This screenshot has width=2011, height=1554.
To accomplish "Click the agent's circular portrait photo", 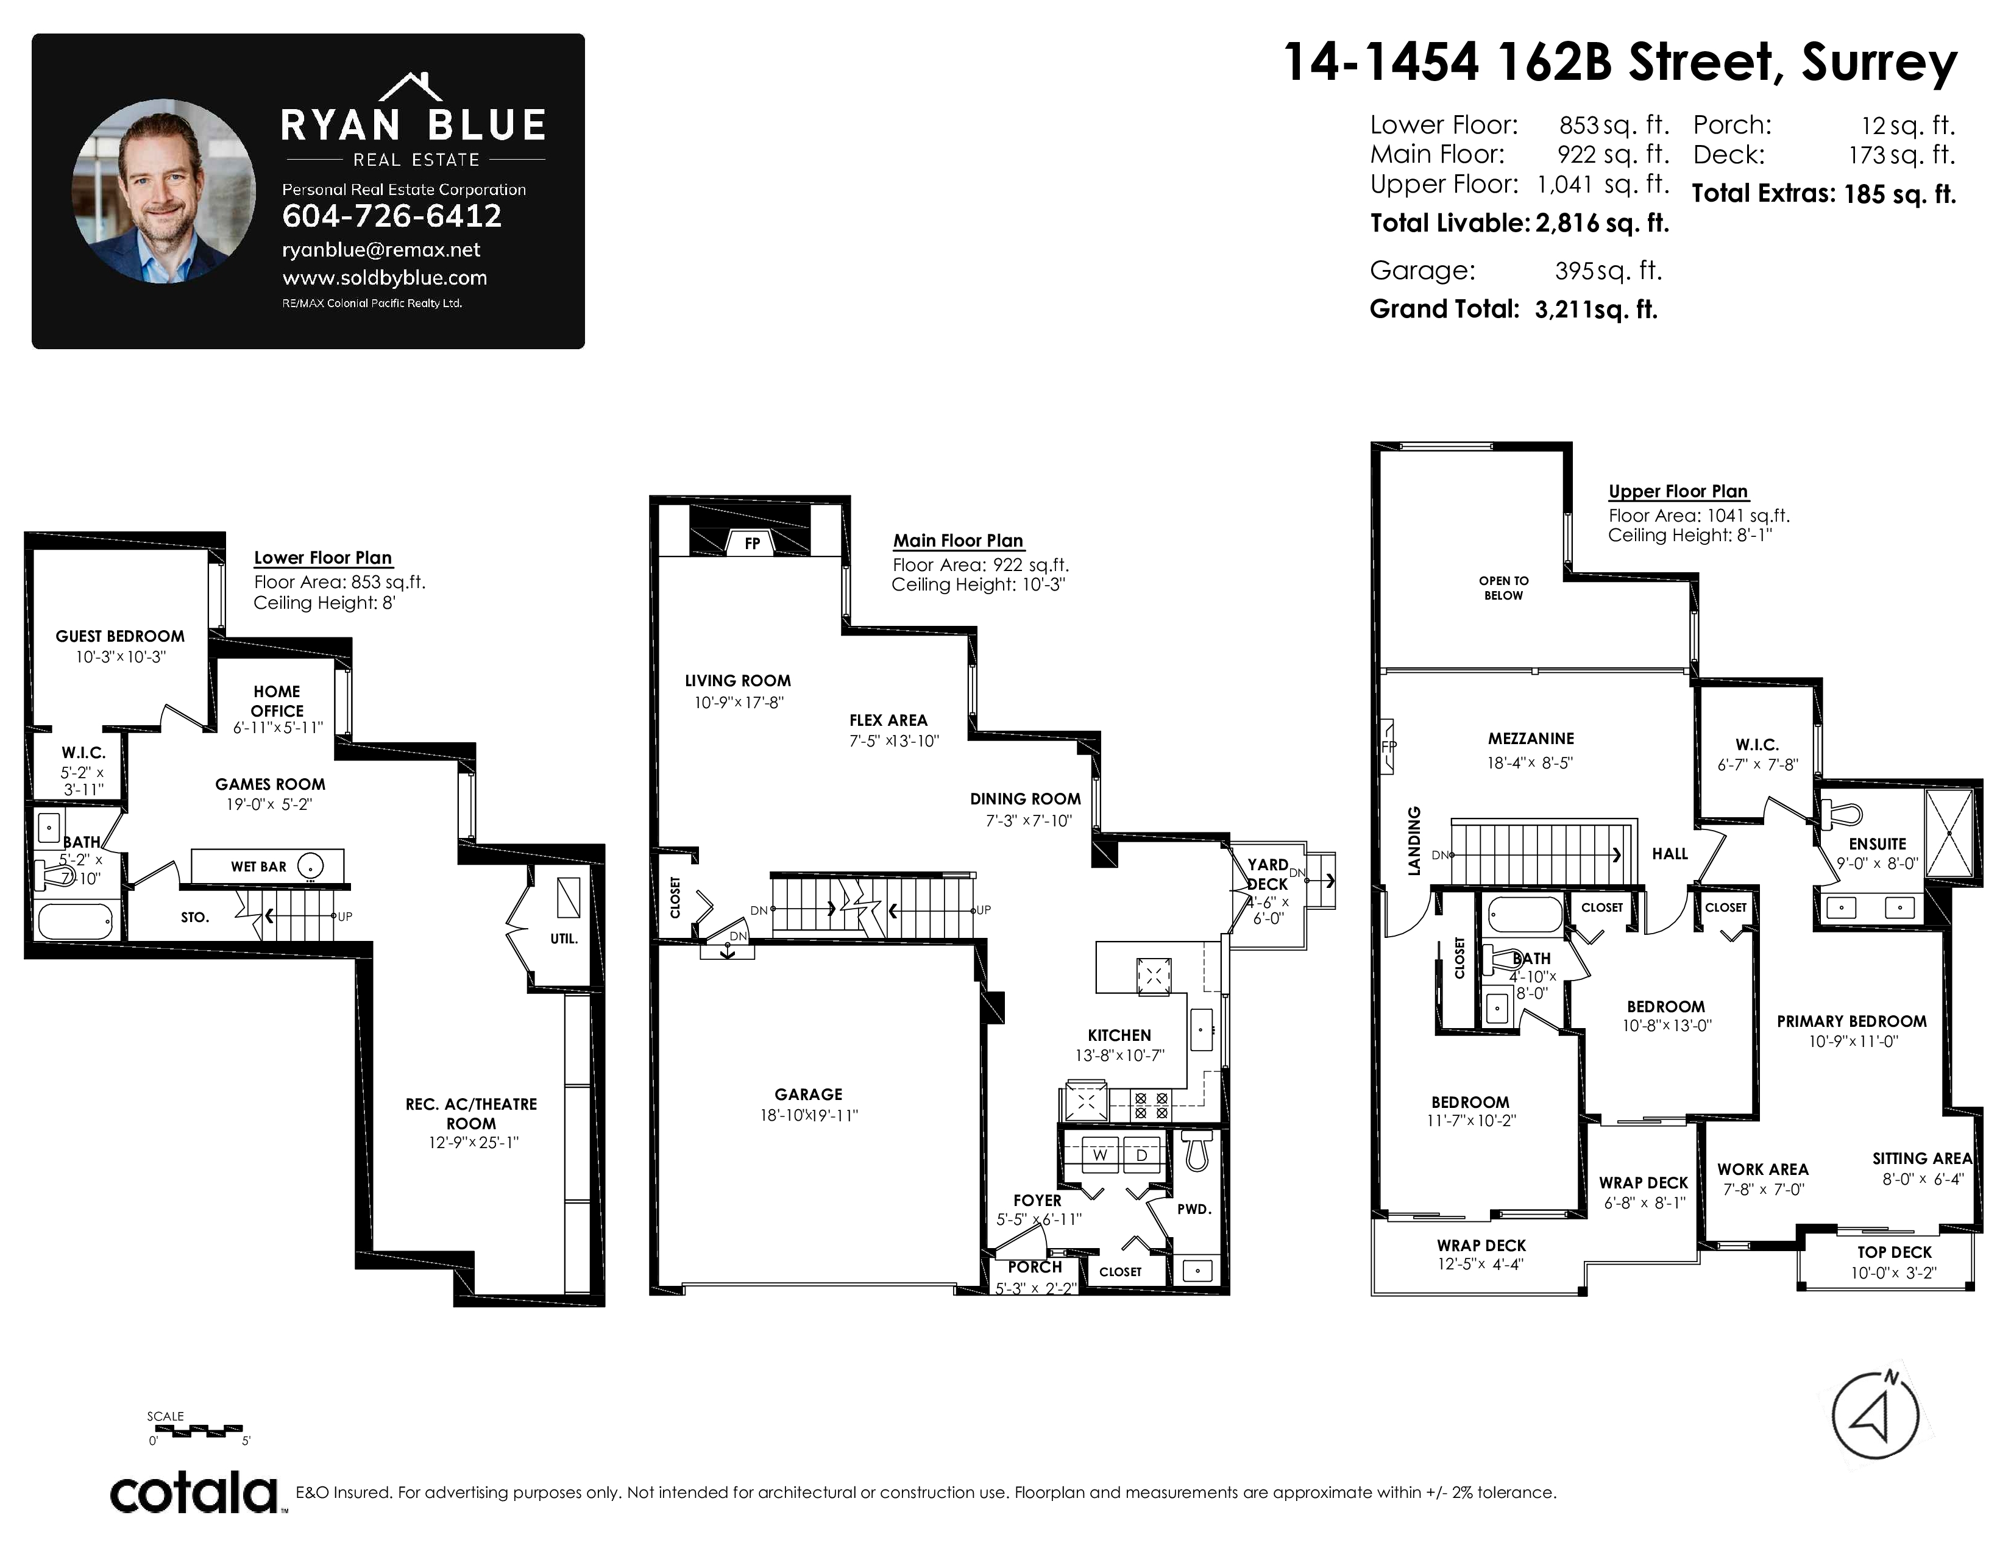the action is click(164, 191).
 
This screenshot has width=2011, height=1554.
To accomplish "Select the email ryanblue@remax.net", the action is click(381, 249).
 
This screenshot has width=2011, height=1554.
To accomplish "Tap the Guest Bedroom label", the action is click(119, 636).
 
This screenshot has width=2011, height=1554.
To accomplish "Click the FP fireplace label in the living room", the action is click(752, 543).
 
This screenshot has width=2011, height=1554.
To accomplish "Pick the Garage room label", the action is click(809, 1095).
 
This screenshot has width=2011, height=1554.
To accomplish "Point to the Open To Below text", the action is click(1503, 588).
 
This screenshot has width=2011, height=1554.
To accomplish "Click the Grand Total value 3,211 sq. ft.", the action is click(1596, 310).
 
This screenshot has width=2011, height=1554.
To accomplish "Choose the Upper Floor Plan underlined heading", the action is click(1678, 492).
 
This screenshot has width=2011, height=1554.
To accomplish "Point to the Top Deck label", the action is click(1894, 1252).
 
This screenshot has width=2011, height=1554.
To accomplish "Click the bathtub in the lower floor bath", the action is click(76, 921).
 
